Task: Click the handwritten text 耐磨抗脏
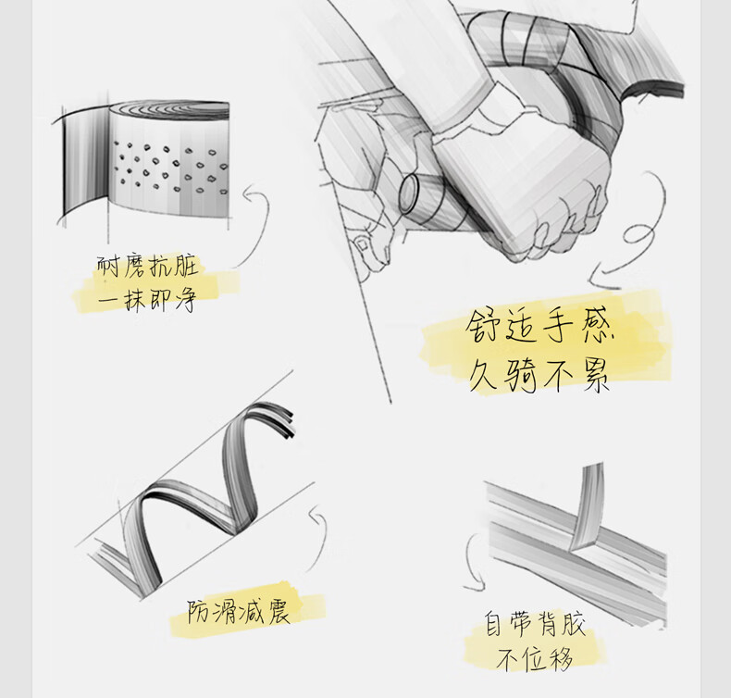pos(148,267)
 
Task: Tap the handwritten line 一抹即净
pos(147,299)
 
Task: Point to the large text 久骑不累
pos(539,376)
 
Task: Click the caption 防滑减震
pos(239,611)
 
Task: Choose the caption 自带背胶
pos(535,625)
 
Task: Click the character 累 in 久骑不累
pos(596,376)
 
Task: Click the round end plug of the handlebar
pos(409,193)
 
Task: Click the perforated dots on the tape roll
pos(171,168)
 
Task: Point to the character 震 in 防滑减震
pos(277,611)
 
